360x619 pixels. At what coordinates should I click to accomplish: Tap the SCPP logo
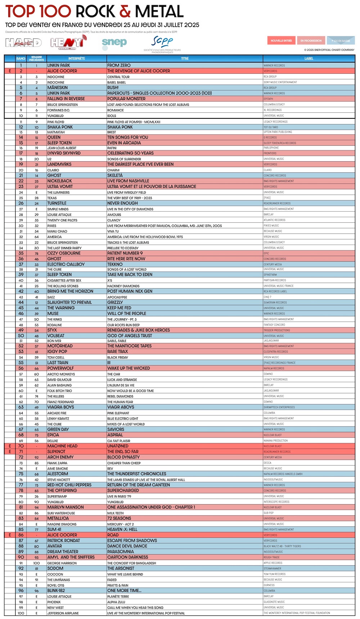pos(162,42)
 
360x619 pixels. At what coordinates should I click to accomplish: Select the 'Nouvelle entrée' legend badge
pos(281,41)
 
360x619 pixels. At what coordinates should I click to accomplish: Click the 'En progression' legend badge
pos(311,41)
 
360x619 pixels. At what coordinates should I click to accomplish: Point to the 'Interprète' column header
pos(77,58)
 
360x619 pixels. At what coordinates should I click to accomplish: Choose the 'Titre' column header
pos(185,58)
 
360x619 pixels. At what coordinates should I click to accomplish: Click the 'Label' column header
pos(309,58)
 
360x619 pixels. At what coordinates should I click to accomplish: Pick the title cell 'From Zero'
pos(119,65)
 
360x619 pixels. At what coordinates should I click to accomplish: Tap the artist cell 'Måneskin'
pos(58,87)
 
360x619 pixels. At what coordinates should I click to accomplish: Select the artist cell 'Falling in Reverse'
pos(66,99)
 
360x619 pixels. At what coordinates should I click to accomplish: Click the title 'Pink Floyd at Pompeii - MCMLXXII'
pos(134,122)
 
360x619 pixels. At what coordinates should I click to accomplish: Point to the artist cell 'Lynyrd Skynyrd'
pos(64,153)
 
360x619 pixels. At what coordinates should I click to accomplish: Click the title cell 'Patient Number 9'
pos(125,253)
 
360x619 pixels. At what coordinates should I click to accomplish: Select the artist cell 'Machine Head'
pos(62,446)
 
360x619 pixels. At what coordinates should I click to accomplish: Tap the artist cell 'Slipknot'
pos(57,452)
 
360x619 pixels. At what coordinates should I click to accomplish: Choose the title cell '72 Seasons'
pos(119,519)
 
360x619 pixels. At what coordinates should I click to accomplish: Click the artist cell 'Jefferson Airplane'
pos(63,613)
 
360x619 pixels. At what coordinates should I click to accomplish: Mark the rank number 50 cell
pos(21,336)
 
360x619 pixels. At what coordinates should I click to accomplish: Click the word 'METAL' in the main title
pos(159,12)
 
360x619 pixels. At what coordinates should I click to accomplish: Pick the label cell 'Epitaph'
pos(269,99)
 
